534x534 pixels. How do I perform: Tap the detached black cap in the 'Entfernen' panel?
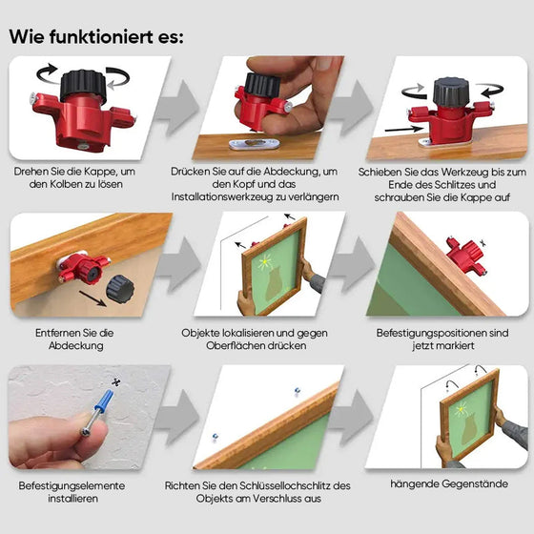pos(119,288)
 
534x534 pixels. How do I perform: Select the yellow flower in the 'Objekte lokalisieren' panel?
pos(264,262)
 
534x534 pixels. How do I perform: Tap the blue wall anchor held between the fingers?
pos(101,416)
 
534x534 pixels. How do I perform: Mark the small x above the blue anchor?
pos(115,382)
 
